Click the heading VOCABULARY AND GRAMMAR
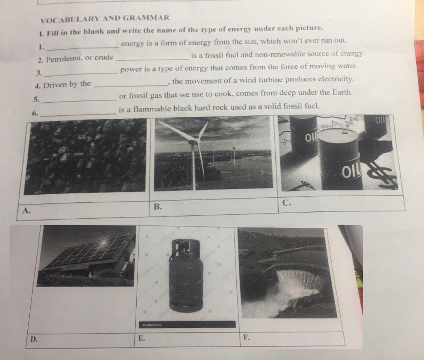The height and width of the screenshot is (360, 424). pyautogui.click(x=105, y=18)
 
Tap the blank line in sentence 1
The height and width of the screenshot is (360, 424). pyautogui.click(x=83, y=47)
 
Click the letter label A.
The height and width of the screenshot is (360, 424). pyautogui.click(x=26, y=210)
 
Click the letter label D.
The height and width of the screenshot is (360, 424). pyautogui.click(x=34, y=340)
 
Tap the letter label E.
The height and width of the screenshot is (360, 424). pyautogui.click(x=141, y=337)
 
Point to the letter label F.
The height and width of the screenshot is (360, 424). pyautogui.click(x=246, y=337)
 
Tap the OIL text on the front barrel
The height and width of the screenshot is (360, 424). pyautogui.click(x=351, y=173)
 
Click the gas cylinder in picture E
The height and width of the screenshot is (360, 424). pyautogui.click(x=186, y=275)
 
